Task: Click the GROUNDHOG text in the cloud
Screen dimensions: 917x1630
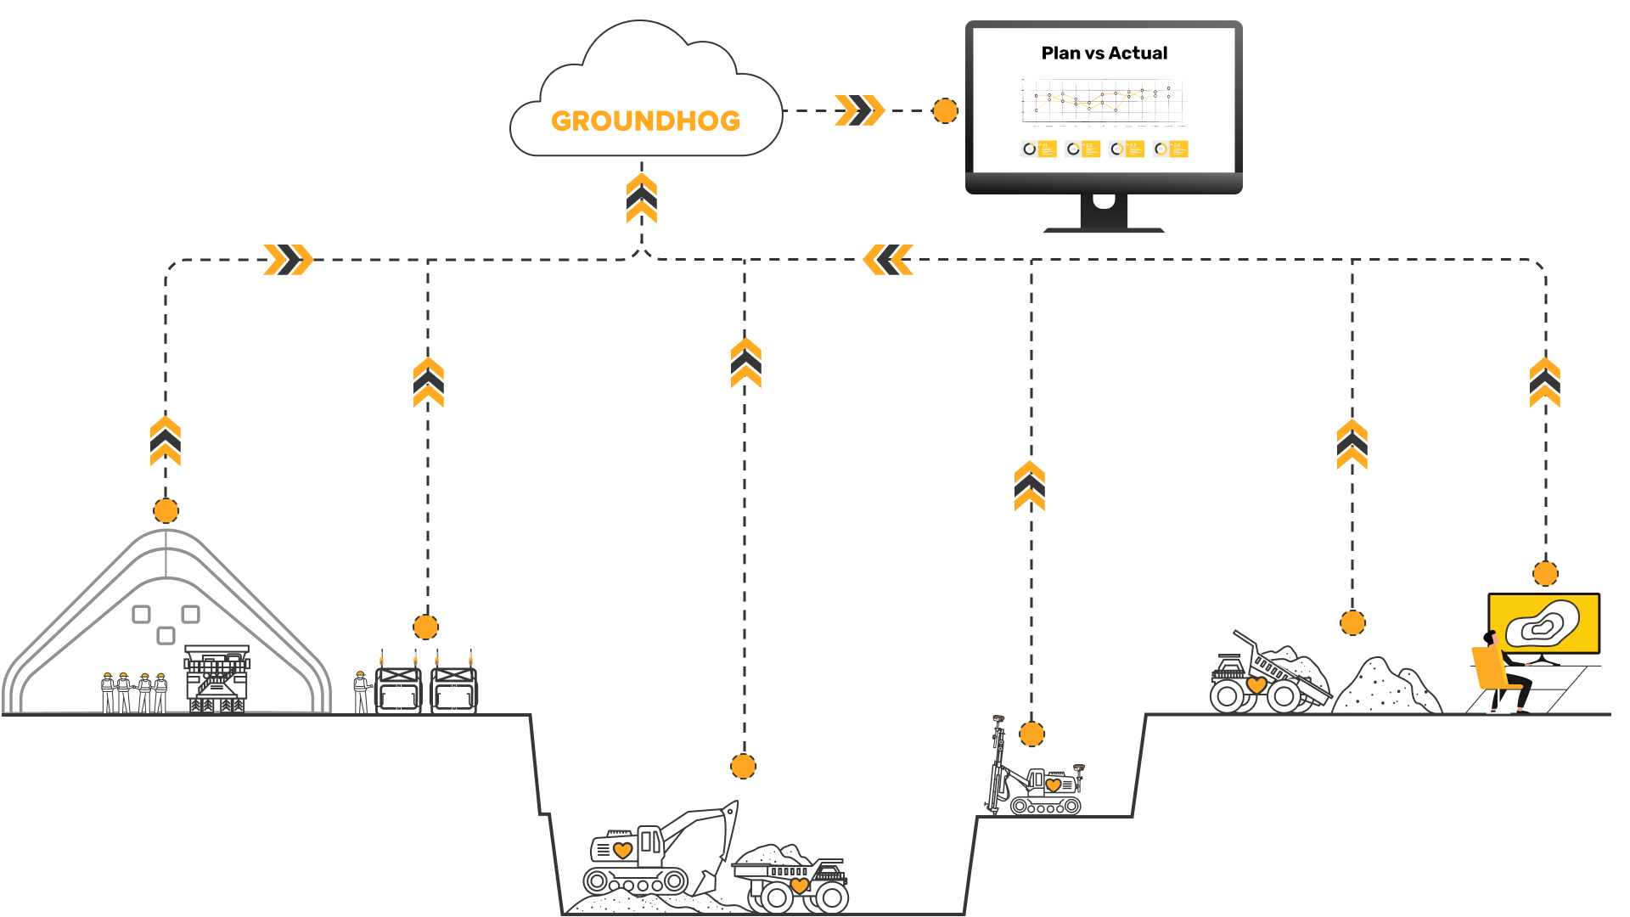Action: (645, 121)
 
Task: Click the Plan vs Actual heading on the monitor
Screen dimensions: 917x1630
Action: (1104, 53)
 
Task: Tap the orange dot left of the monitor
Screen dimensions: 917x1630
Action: (945, 110)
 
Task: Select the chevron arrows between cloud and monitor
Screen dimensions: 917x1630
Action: (859, 110)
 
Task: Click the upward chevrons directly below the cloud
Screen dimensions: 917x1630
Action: (642, 199)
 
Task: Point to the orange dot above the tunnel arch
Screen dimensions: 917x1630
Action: (166, 510)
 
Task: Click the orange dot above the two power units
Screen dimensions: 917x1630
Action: (425, 627)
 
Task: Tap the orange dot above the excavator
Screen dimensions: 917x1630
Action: (743, 766)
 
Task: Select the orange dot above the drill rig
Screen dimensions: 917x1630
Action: (1031, 734)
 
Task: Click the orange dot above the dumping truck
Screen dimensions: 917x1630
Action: (1352, 622)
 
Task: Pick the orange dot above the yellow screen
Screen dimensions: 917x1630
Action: (1545, 573)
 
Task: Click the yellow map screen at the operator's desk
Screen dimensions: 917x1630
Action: (1543, 622)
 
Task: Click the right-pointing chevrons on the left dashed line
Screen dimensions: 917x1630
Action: (289, 260)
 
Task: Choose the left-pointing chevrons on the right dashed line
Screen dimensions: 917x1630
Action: (888, 260)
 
